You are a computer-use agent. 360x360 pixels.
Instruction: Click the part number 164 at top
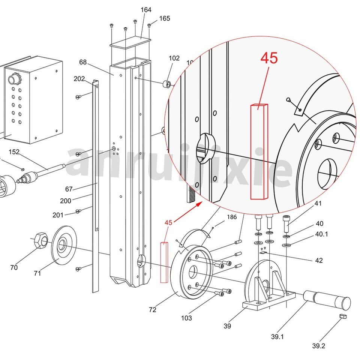(x=146, y=10)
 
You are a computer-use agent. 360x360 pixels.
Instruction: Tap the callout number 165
(x=164, y=18)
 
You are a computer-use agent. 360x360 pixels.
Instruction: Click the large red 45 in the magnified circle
(x=269, y=58)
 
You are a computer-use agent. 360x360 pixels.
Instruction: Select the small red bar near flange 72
(x=164, y=262)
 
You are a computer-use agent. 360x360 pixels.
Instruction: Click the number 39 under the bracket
(x=227, y=326)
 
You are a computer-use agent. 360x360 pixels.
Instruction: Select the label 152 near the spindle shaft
(x=14, y=152)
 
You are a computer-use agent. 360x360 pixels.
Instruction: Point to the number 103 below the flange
(x=186, y=318)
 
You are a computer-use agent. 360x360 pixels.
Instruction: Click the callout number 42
(x=319, y=260)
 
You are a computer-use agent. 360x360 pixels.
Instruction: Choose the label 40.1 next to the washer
(x=321, y=234)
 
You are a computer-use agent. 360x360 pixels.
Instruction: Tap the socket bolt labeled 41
(x=286, y=223)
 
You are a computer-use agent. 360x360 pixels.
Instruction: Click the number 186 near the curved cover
(x=232, y=217)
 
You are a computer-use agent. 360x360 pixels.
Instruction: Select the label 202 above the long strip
(x=79, y=79)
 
